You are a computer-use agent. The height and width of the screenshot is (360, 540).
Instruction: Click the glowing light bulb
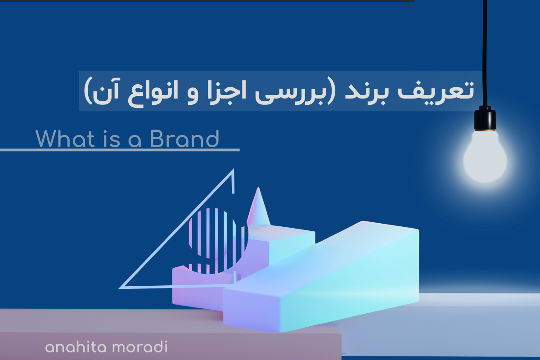pyautogui.click(x=485, y=157)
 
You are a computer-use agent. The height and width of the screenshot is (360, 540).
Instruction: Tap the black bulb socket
pyautogui.click(x=485, y=119)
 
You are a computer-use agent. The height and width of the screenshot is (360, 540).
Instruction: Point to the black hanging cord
pyautogui.click(x=485, y=53)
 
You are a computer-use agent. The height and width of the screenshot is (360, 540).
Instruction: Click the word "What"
pyautogui.click(x=65, y=139)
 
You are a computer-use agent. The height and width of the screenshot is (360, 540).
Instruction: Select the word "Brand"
pyautogui.click(x=184, y=139)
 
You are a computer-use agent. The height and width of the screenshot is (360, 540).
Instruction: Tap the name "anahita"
pyautogui.click(x=76, y=347)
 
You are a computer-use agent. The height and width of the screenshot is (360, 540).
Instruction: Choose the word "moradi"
pyautogui.click(x=140, y=347)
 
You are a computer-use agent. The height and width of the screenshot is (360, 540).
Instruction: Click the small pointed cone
pyautogui.click(x=258, y=207)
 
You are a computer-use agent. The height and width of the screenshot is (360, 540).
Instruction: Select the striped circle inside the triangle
pyautogui.click(x=218, y=241)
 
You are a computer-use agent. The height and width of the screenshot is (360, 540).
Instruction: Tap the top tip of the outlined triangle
pyautogui.click(x=234, y=169)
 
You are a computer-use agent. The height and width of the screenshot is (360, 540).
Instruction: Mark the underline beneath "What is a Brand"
pyautogui.click(x=120, y=150)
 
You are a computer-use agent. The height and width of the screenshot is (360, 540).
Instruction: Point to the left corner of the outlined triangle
pyautogui.click(x=120, y=288)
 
